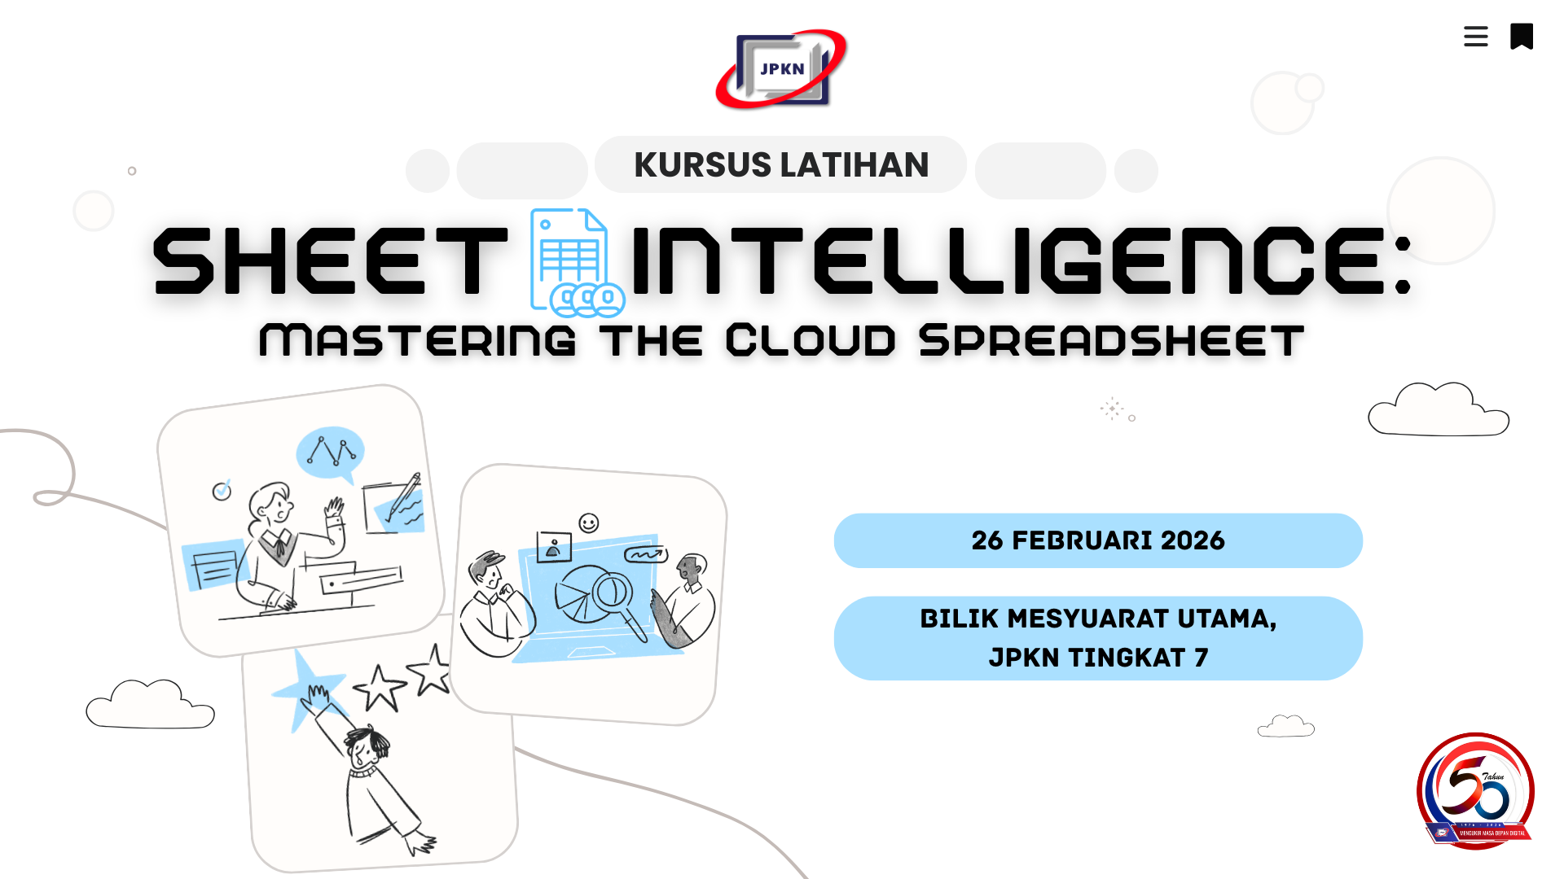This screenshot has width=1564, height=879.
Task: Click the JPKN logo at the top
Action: coord(781,69)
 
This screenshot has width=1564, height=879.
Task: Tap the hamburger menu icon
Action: coord(1475,37)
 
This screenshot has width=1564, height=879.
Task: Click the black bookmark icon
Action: coord(1521,37)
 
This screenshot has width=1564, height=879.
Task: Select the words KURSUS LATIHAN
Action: coord(781,165)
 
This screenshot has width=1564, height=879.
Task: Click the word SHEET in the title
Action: coord(330,260)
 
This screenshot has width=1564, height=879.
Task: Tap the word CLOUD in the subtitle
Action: coord(811,340)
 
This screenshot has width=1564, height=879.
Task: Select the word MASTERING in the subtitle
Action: coord(418,340)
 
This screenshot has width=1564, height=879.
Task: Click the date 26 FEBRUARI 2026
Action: coord(1098,540)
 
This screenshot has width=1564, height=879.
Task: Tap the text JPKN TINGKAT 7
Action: coord(1098,658)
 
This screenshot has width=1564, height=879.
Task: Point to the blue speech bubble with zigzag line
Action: coord(330,453)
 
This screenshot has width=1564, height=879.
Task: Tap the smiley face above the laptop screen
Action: coord(588,523)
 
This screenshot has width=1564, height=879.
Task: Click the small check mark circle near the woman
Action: coord(222,491)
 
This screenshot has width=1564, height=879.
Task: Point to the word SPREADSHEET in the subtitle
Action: coord(1111,340)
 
